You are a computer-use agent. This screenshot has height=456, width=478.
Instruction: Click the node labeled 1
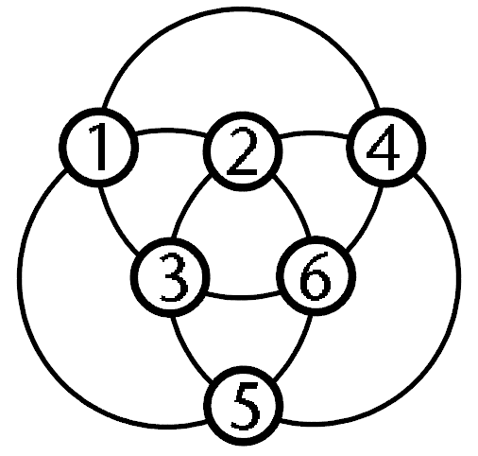[x=98, y=148]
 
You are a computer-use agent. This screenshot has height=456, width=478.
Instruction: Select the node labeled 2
[x=243, y=151]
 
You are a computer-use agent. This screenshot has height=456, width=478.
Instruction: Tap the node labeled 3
[x=170, y=277]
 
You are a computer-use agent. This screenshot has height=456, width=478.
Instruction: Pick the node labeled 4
[x=386, y=148]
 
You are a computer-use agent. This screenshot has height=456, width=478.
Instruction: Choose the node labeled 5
[x=243, y=406]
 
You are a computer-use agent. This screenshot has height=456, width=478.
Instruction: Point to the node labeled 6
[x=316, y=276]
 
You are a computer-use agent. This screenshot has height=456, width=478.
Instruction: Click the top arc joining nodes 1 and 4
[x=242, y=9]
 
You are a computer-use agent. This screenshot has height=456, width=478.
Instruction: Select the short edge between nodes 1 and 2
[x=171, y=131]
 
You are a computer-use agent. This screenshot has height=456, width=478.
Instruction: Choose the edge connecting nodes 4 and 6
[x=369, y=221]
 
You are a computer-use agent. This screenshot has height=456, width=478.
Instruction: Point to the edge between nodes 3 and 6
[x=243, y=297]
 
